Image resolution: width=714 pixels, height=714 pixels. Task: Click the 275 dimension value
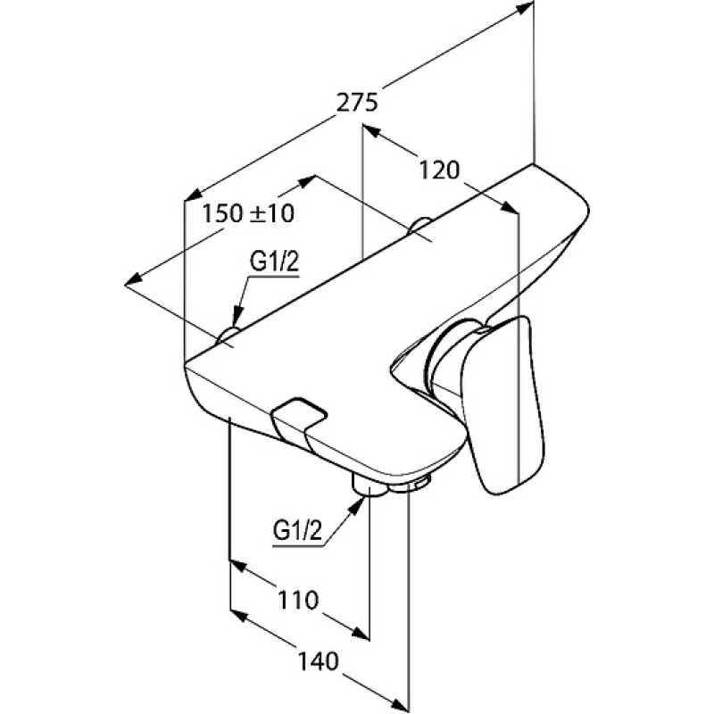[358, 102]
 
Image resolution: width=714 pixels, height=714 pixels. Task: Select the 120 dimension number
[439, 170]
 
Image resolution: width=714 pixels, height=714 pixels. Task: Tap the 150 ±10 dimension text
[248, 213]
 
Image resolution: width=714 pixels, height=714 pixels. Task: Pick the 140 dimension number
[319, 660]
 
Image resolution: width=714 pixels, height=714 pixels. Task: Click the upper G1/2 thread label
[275, 262]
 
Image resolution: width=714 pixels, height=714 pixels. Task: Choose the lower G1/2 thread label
[297, 531]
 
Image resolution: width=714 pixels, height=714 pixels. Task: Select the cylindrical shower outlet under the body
[368, 486]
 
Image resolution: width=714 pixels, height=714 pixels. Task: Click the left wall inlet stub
[228, 335]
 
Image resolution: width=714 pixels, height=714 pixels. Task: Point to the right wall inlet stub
[419, 226]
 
